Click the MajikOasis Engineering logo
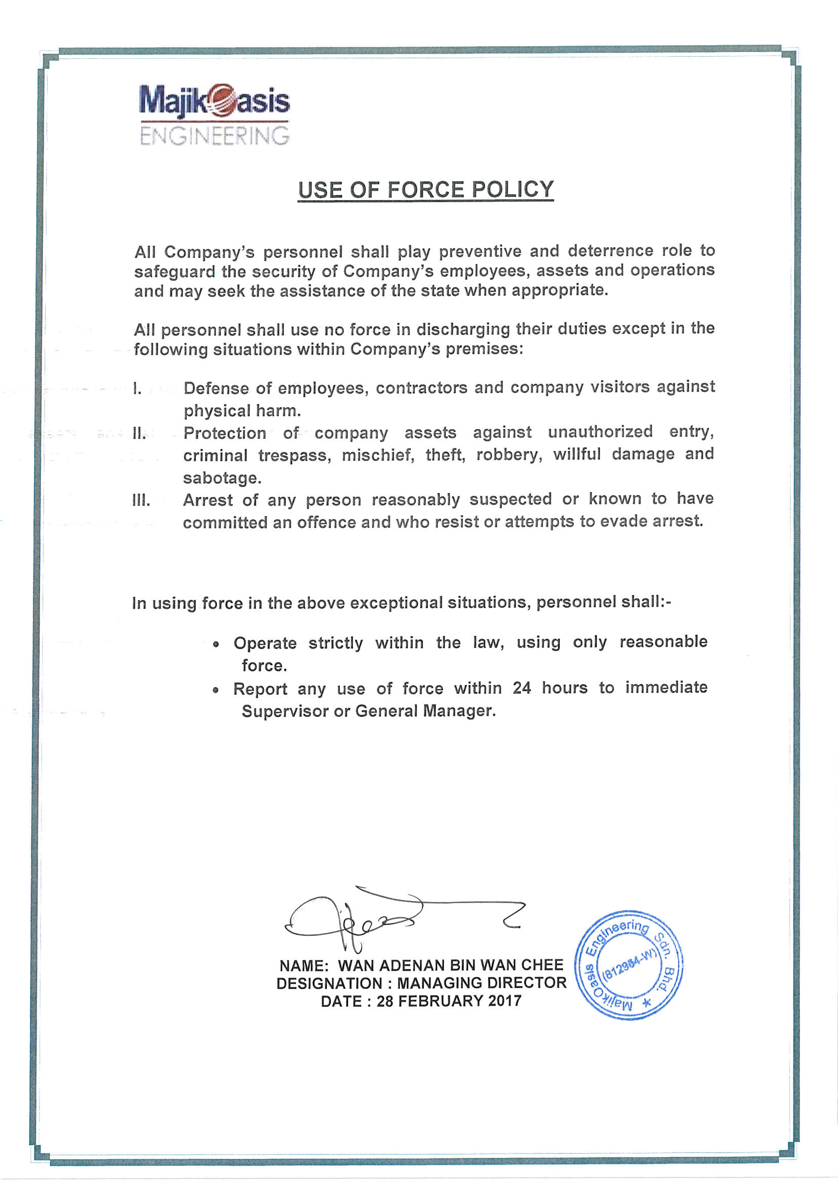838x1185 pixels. pos(214,115)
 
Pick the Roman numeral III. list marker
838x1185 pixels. pos(141,500)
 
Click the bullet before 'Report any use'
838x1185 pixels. pos(216,690)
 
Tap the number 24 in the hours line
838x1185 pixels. pos(522,688)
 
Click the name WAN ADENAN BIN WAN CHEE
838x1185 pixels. pos(450,965)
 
